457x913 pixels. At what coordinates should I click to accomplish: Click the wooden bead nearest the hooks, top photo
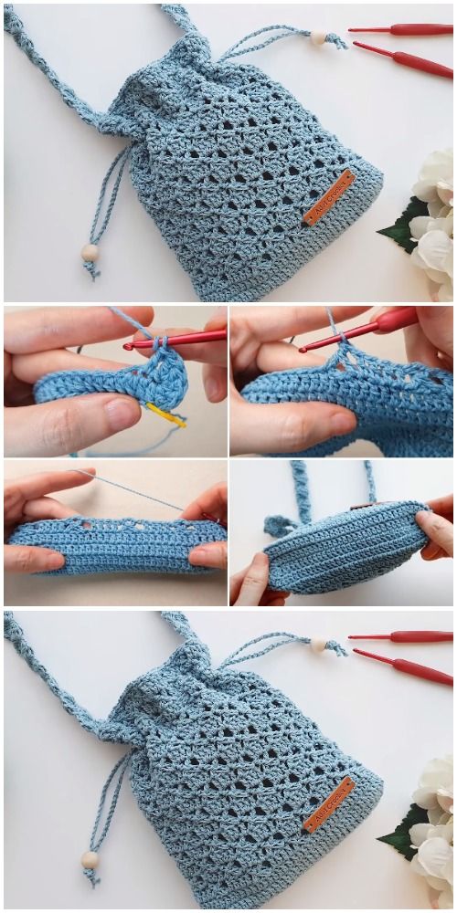click(318, 37)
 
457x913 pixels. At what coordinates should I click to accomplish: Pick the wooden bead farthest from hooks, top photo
click(90, 251)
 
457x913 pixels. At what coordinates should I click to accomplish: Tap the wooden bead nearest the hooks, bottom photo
click(318, 645)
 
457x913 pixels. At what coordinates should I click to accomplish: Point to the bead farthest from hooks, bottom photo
click(90, 859)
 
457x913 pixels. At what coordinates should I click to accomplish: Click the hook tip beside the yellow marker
click(129, 346)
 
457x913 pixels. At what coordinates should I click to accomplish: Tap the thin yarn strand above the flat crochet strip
click(137, 489)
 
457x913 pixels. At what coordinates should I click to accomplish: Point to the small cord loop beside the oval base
click(275, 526)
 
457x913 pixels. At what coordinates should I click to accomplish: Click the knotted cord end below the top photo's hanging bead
click(90, 270)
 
